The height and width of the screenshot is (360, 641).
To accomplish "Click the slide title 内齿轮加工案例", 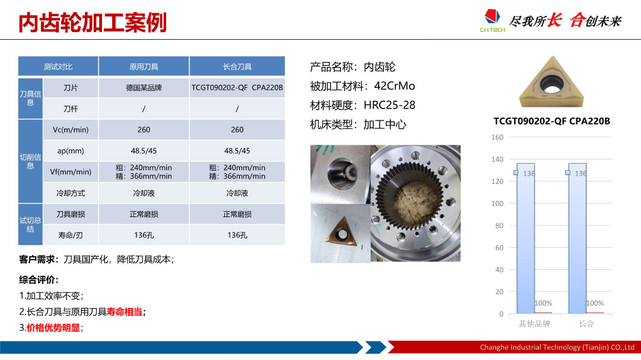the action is [x=93, y=23].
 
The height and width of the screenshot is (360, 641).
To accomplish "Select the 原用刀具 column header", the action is [x=144, y=66].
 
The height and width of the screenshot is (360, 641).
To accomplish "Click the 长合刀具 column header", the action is [x=237, y=66].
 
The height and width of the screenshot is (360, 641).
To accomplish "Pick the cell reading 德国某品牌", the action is [x=144, y=88].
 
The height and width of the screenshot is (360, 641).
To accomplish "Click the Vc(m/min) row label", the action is [x=70, y=130].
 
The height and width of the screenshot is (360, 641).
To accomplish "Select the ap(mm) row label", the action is [x=70, y=151].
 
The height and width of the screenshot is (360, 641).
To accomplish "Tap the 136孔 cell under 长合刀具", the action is [x=237, y=235].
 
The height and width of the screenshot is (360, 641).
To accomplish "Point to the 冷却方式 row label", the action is [x=70, y=193].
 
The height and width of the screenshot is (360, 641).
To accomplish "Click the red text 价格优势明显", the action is [x=53, y=328].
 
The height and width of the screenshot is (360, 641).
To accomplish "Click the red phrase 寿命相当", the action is [x=124, y=312].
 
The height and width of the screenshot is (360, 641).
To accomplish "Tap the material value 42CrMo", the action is [x=395, y=86].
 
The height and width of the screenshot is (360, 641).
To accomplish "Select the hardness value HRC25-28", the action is [x=389, y=105].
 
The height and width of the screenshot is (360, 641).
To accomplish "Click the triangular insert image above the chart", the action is [x=551, y=82].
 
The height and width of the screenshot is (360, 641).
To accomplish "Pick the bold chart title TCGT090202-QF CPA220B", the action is [x=551, y=121].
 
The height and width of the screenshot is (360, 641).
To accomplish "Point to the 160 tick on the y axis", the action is [x=497, y=138].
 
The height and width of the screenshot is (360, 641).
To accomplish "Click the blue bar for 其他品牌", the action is [x=526, y=238].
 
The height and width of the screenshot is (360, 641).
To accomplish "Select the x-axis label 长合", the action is [x=586, y=324].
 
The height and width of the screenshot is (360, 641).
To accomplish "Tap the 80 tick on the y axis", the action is [x=499, y=225].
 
